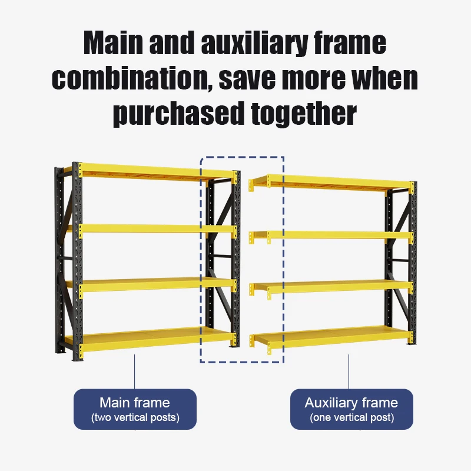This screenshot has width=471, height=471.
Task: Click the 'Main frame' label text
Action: tap(134, 403)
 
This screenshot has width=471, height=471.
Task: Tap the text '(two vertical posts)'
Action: tap(135, 417)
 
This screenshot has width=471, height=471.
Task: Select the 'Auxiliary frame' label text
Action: tap(351, 403)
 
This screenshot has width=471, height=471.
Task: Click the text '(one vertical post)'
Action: tap(351, 417)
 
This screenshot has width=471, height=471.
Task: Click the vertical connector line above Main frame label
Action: tap(135, 371)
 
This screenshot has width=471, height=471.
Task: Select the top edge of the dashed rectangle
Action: tap(242, 157)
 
